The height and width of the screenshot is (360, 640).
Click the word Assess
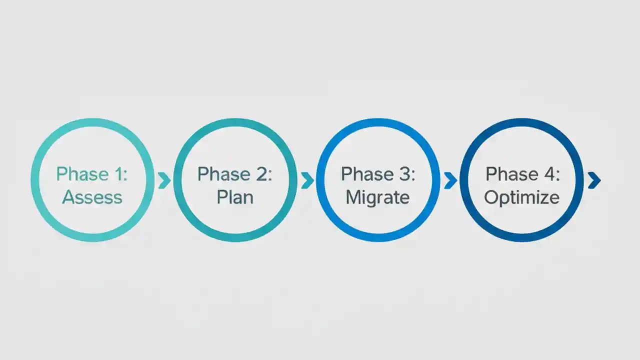click(92, 197)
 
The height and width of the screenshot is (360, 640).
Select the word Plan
click(235, 197)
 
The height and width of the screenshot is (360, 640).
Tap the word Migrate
click(377, 197)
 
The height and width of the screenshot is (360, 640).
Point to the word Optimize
click(521, 197)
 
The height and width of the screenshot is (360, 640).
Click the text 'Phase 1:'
click(92, 174)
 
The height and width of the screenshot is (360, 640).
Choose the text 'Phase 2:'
click(235, 174)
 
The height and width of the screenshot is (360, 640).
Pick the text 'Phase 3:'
click(378, 174)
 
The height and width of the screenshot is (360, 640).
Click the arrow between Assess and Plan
click(164, 180)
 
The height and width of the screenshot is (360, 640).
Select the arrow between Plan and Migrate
click(307, 180)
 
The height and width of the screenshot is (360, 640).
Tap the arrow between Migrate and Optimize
click(450, 180)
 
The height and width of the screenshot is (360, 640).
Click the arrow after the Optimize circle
click(594, 180)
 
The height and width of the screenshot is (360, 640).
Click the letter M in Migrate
click(352, 197)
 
